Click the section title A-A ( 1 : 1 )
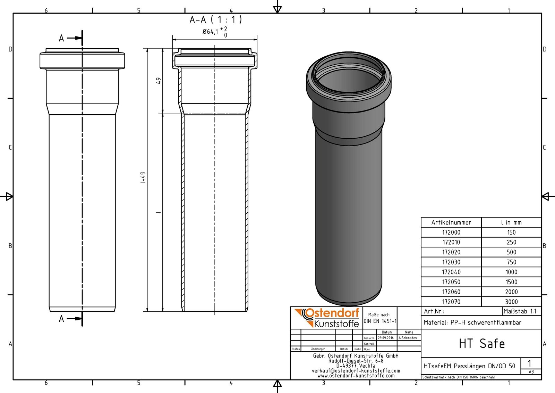coord(215,20)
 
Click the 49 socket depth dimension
coord(159,80)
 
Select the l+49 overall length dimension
coord(143,178)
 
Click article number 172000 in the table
coord(451,232)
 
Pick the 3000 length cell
coord(511,302)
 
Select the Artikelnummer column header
coord(451,222)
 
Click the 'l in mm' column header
coord(511,222)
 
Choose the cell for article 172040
coord(451,272)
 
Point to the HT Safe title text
coord(481,344)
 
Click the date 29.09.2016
coord(386,338)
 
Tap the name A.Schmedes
coord(408,338)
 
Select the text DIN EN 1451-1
coord(380,321)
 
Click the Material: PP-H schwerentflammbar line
coord(472,322)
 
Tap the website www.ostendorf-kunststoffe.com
coord(356,376)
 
